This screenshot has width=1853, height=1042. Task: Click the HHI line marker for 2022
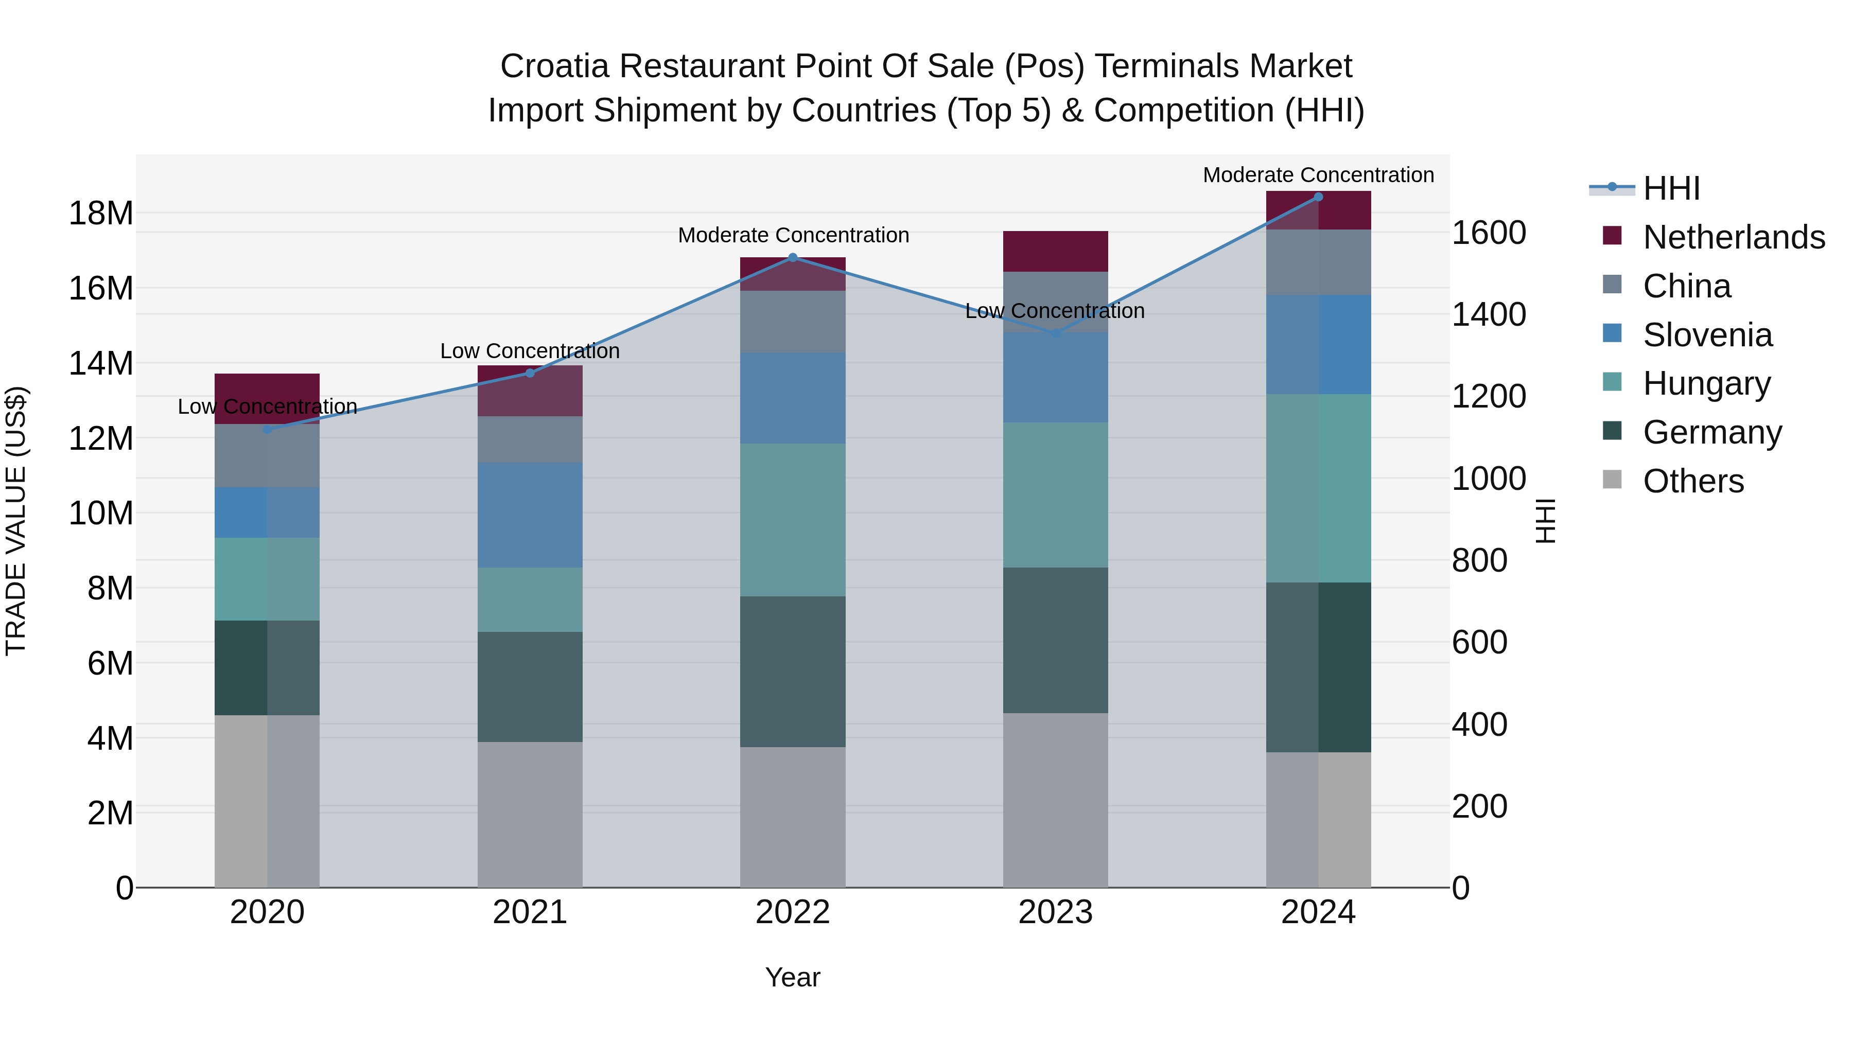point(793,257)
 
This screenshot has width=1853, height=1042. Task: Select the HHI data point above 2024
point(1318,197)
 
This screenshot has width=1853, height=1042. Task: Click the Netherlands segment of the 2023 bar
point(1055,251)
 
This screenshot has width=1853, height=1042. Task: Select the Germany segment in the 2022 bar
point(793,671)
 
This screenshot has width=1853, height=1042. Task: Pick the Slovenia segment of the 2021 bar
point(530,515)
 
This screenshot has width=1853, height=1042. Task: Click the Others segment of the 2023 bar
point(1055,800)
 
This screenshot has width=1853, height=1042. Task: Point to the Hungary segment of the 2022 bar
point(793,519)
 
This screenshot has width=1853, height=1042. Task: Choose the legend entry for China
point(1686,286)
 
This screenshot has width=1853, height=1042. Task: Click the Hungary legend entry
point(1706,383)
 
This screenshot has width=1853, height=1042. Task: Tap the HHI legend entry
point(1671,188)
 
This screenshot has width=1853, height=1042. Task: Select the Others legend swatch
point(1612,480)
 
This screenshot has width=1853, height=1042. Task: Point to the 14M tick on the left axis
point(101,363)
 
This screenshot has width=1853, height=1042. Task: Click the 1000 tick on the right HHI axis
point(1488,478)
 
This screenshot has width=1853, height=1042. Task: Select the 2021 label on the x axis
point(530,912)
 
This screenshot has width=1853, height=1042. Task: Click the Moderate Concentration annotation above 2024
point(1318,175)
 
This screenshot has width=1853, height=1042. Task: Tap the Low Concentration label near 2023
point(1055,311)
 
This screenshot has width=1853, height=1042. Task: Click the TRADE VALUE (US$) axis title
point(16,521)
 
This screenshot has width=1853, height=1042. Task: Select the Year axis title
point(793,977)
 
